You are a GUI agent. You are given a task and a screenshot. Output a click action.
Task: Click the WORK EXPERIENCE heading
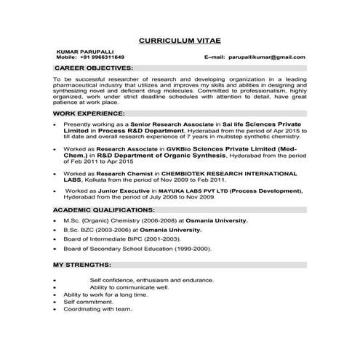[89, 114]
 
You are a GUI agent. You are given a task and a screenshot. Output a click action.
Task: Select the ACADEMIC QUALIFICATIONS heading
[105, 209]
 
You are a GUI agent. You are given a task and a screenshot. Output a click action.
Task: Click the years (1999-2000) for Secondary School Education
[188, 248]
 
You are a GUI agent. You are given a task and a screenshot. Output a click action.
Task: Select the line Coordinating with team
[97, 309]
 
